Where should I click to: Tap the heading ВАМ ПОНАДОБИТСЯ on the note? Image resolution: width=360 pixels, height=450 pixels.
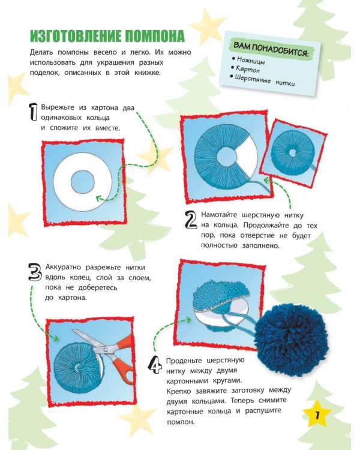pyautogui.click(x=272, y=49)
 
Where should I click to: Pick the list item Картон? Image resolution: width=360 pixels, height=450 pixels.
pyautogui.click(x=247, y=69)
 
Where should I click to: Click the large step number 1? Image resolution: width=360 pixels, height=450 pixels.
pyautogui.click(x=33, y=112)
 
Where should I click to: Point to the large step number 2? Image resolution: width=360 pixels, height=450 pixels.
pyautogui.click(x=190, y=220)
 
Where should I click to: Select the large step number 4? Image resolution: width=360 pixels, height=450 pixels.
pyautogui.click(x=155, y=364)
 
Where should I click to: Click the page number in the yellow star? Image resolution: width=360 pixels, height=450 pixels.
pyautogui.click(x=317, y=415)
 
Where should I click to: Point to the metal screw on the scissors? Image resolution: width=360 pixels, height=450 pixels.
pyautogui.click(x=106, y=350)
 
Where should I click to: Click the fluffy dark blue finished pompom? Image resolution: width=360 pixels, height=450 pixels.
pyautogui.click(x=291, y=336)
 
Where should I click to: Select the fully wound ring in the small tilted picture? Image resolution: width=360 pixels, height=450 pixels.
pyautogui.click(x=292, y=152)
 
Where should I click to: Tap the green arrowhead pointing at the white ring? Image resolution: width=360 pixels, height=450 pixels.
pyautogui.click(x=99, y=198)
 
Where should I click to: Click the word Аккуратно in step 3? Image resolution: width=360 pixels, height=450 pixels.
pyautogui.click(x=63, y=267)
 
